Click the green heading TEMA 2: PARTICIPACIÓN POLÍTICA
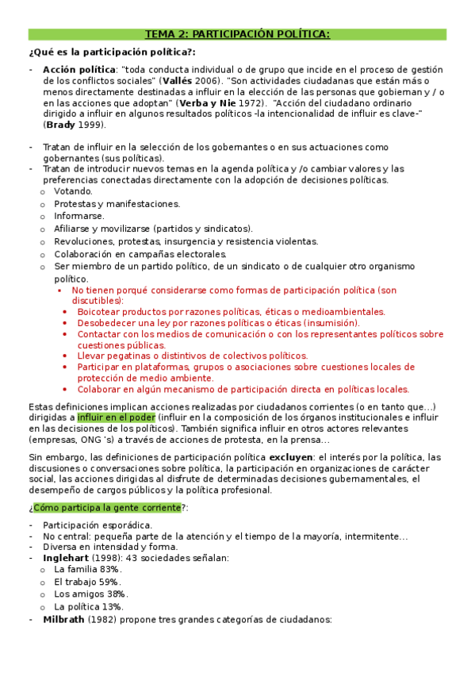coord(237,34)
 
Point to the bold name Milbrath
coord(65,620)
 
